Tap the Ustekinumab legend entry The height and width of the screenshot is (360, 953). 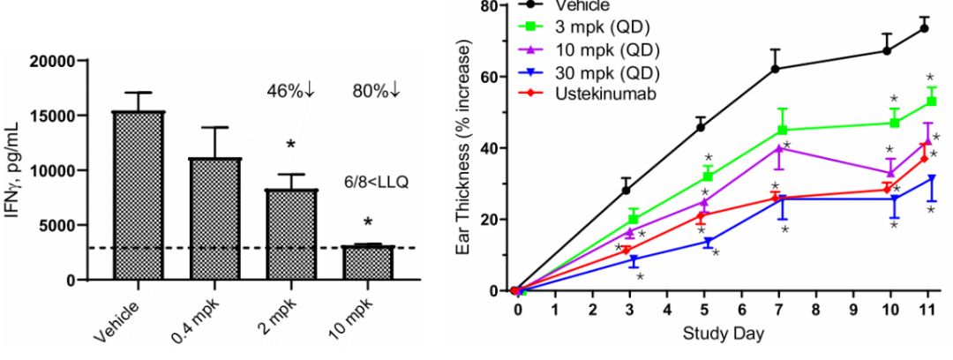pos(606,92)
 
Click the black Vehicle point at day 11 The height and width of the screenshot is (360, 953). pos(925,28)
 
